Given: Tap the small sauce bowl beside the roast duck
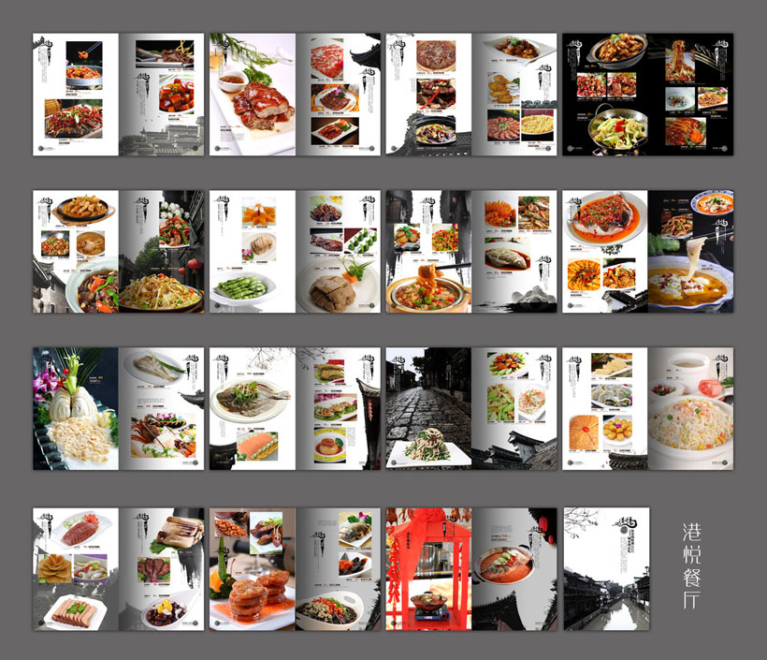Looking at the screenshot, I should point(231,78).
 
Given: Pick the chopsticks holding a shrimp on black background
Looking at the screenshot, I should point(84,48).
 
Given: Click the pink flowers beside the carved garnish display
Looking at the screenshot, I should point(44,386).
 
